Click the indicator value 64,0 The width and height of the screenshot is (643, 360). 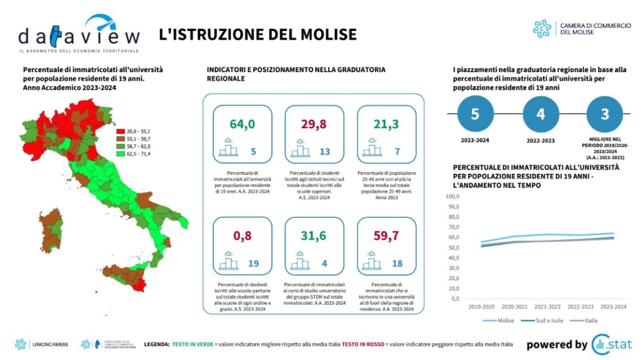(242, 124)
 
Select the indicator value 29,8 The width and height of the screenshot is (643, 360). (314, 124)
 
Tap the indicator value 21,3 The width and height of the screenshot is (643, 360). (386, 124)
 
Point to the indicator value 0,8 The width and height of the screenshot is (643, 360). (242, 236)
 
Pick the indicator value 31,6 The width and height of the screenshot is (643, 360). (314, 236)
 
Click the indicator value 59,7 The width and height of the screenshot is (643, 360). (386, 236)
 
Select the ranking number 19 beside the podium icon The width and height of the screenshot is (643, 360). (254, 263)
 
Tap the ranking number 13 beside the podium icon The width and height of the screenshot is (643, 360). (325, 151)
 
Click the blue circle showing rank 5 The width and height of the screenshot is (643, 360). (475, 115)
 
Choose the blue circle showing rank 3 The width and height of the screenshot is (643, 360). (605, 115)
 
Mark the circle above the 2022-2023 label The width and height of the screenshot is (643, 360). (540, 115)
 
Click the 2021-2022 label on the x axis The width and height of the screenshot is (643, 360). (547, 306)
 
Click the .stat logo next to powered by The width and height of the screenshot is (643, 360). (611, 344)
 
